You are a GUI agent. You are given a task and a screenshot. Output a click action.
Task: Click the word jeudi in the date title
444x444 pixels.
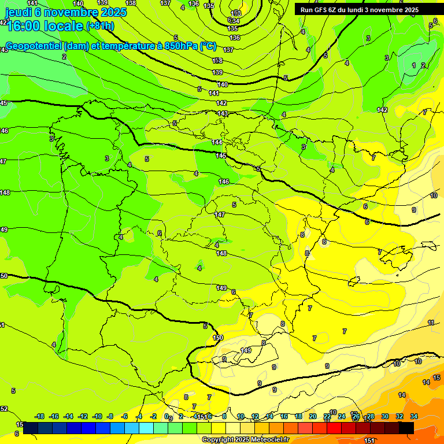click(17, 12)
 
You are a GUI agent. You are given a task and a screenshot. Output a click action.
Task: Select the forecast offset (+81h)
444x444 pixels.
click(99, 26)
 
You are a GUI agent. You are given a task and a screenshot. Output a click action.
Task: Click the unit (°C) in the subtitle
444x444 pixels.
click(208, 46)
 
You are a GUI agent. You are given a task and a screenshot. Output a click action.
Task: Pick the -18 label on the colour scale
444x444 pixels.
click(40, 416)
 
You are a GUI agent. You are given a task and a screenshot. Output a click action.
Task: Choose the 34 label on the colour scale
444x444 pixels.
click(414, 416)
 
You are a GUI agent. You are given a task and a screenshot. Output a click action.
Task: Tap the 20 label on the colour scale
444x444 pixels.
click(313, 416)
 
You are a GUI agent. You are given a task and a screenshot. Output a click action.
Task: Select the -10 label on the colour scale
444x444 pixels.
click(98, 416)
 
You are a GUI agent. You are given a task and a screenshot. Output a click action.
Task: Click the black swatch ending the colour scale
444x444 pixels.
click(406, 428)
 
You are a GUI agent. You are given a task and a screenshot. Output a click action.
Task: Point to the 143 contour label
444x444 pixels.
click(223, 113)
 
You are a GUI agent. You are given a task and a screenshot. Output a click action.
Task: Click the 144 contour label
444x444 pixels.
click(217, 142)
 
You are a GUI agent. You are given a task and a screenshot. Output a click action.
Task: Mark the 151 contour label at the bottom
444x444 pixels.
click(369, 441)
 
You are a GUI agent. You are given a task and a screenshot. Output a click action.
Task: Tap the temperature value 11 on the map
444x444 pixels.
click(431, 323)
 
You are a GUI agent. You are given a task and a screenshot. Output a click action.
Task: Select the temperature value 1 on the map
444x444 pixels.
click(413, 65)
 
